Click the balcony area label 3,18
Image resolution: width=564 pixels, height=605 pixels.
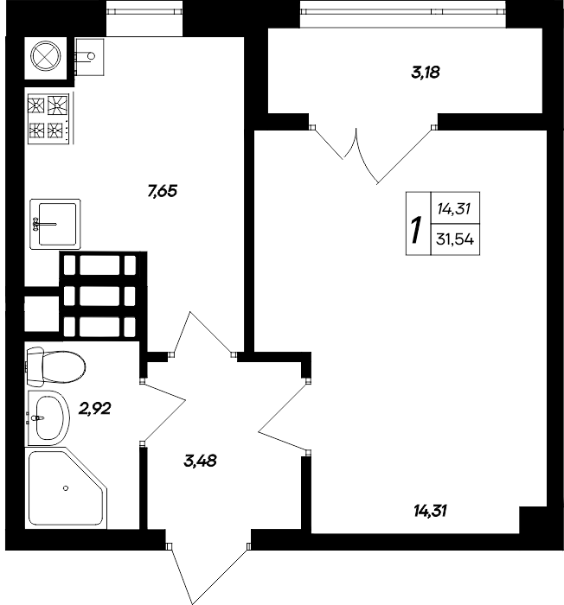point(425,73)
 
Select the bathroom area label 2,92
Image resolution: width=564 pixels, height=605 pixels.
point(96,408)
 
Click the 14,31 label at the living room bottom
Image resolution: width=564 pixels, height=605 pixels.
point(430,510)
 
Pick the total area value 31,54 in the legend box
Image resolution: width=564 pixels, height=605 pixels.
point(458,239)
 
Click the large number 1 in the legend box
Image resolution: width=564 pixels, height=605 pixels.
point(416,231)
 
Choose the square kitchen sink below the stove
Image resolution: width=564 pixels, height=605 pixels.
point(54,224)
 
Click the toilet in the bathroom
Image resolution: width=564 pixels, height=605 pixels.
point(54,366)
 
